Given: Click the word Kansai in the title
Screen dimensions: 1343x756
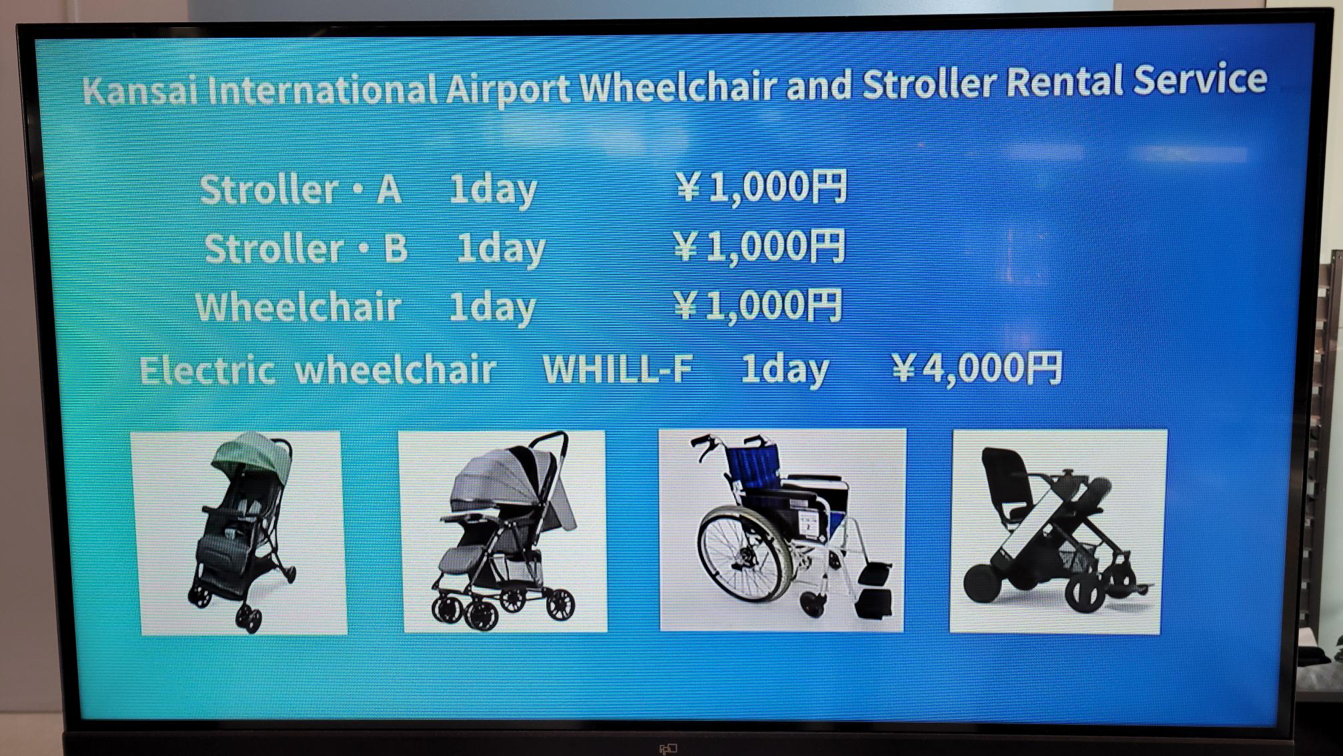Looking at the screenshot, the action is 141,90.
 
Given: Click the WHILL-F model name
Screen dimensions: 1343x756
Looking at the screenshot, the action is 618,369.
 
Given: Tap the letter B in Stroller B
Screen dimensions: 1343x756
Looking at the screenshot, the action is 396,248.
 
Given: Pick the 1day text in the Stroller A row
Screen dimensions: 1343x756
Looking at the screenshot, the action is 493,190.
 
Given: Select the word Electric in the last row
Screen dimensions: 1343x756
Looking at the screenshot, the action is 207,370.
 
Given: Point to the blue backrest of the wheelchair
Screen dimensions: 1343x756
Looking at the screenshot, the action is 755,465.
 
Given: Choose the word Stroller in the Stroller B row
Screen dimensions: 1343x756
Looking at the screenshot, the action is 274,249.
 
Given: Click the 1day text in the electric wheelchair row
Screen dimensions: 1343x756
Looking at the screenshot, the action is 785,369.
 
